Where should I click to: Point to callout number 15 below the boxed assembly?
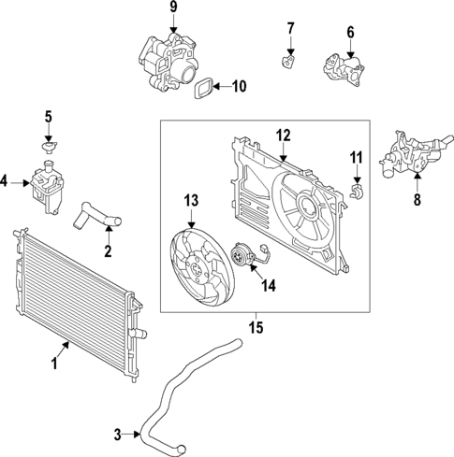[x=256, y=328]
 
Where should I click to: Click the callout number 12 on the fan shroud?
[x=283, y=136]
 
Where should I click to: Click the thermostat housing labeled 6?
[x=342, y=67]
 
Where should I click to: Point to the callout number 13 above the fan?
[x=191, y=200]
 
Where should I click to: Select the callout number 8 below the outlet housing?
[x=417, y=199]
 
